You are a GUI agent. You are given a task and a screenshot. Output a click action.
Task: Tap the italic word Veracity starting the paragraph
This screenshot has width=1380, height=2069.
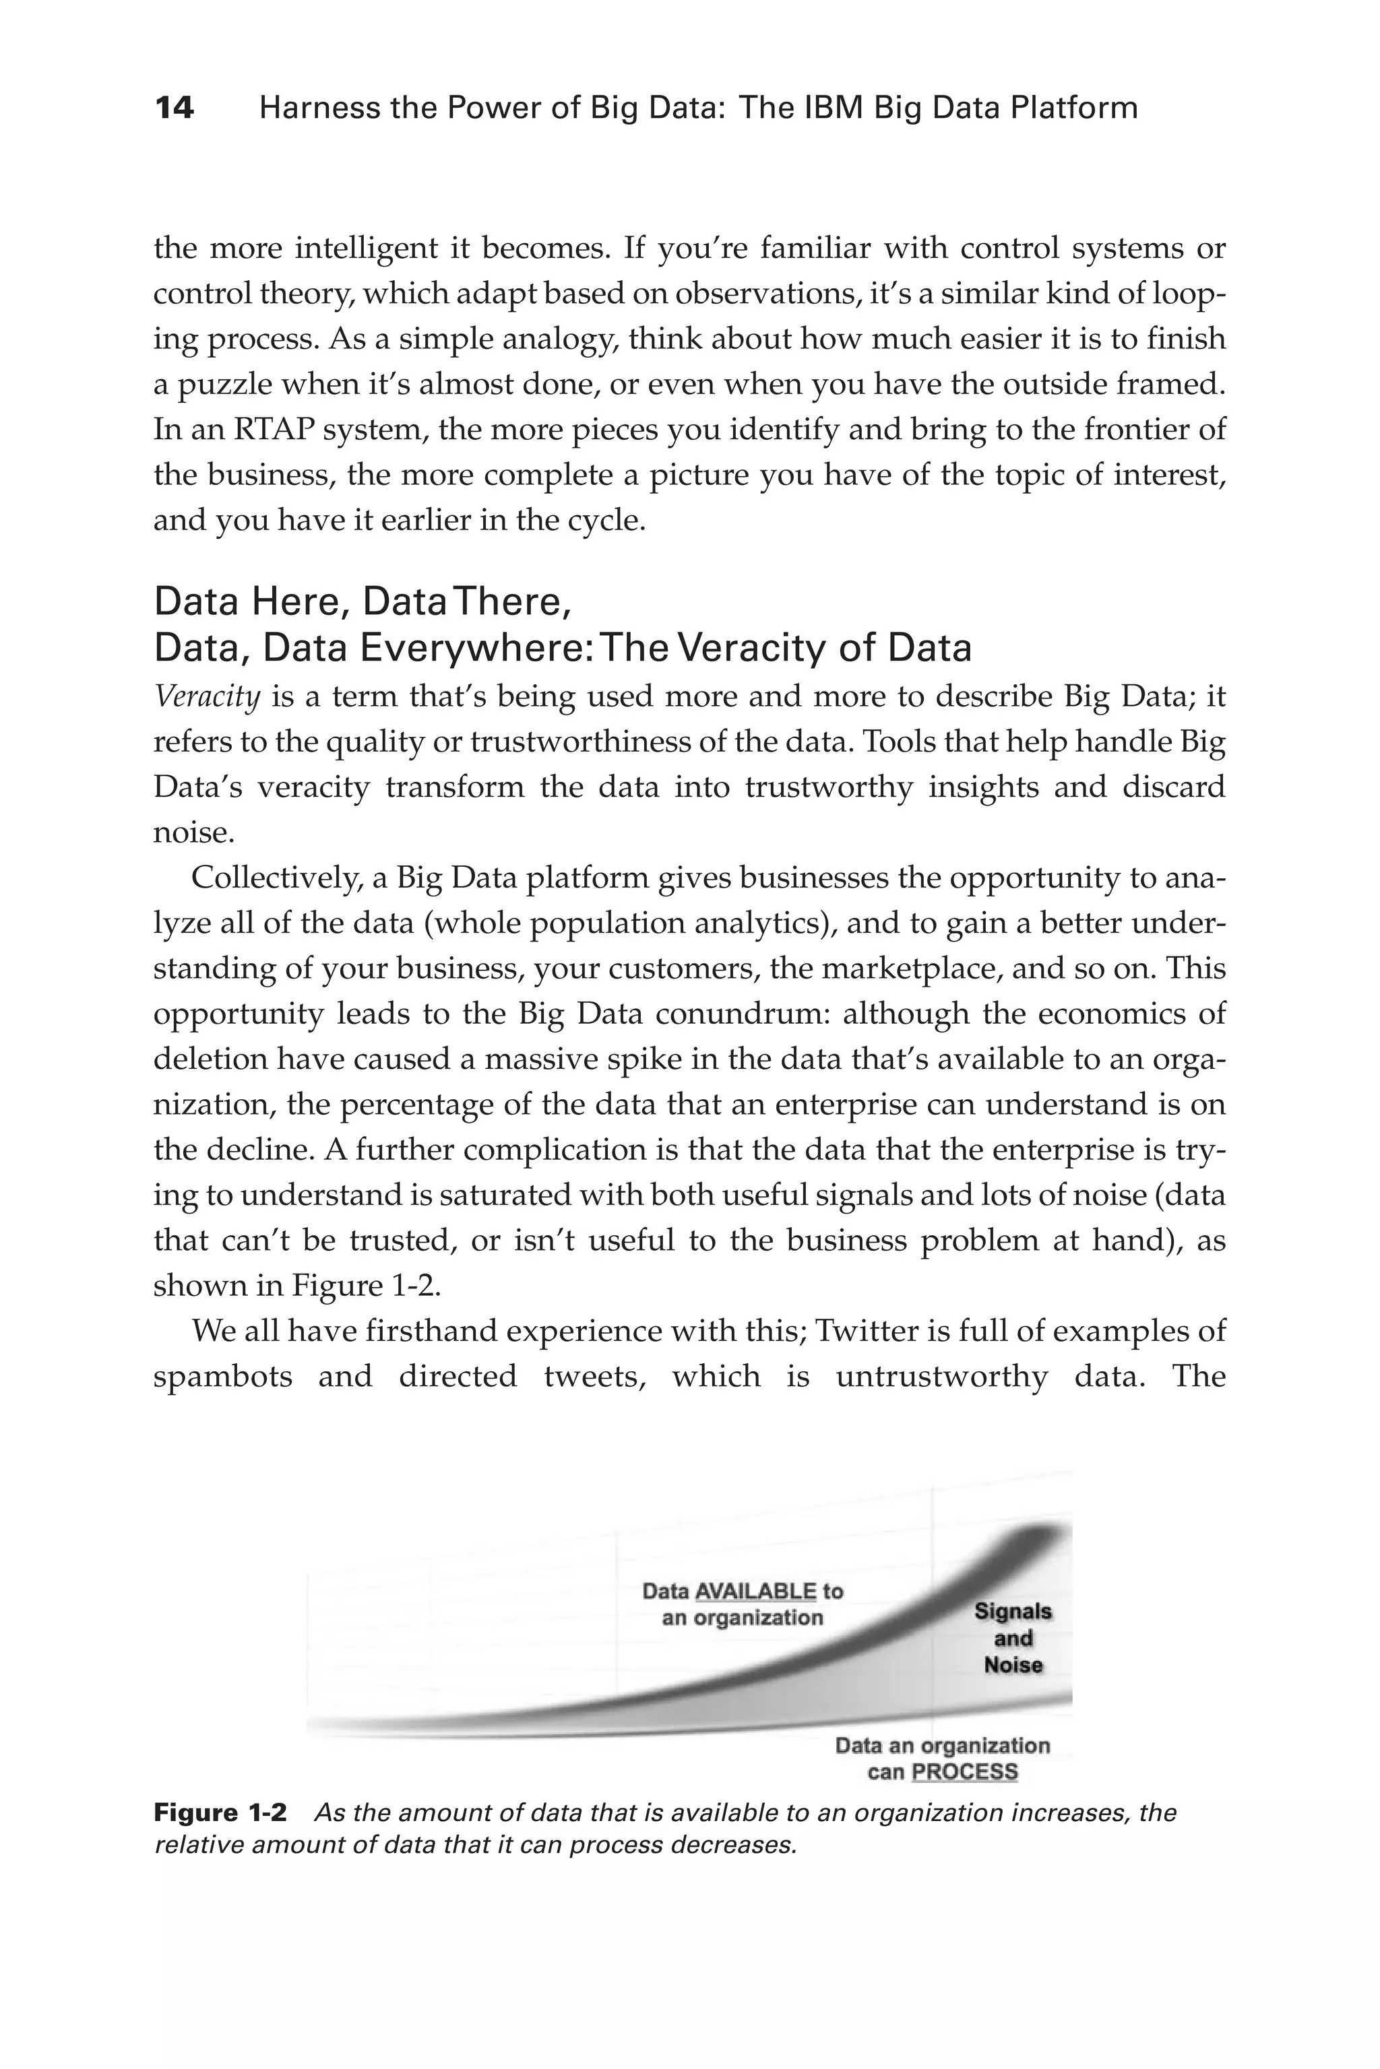[207, 696]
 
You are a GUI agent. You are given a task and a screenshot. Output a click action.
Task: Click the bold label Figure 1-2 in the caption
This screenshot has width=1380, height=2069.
[220, 1812]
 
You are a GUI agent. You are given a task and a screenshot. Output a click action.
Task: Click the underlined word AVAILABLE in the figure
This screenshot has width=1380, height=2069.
[755, 1590]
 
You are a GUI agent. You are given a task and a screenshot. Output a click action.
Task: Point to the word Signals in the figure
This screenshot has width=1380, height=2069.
[1013, 1612]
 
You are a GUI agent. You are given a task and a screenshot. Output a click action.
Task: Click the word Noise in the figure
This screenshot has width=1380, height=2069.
[1013, 1665]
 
